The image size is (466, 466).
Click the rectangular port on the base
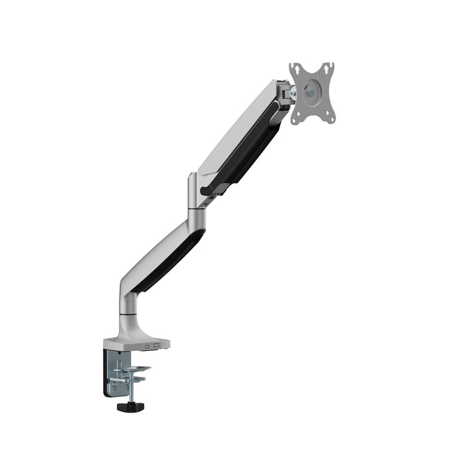(156, 345)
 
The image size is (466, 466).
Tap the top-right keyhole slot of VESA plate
(328, 67)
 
